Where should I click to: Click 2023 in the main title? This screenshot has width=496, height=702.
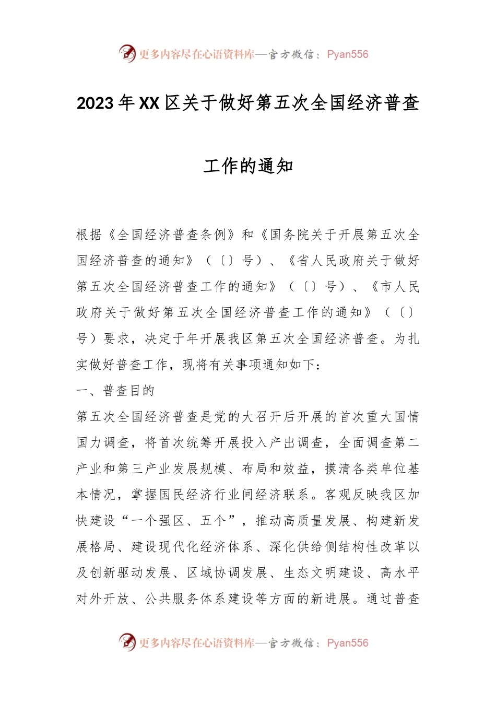click(95, 103)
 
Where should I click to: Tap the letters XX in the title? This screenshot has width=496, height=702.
click(149, 103)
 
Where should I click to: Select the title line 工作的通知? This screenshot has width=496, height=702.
click(248, 167)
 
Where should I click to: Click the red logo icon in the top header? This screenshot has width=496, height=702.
click(127, 53)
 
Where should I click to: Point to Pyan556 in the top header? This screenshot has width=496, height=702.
click(347, 54)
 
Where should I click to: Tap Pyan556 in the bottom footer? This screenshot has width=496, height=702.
click(347, 643)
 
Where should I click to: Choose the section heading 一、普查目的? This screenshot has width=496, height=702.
click(115, 391)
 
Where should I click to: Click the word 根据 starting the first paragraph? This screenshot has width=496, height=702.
click(89, 235)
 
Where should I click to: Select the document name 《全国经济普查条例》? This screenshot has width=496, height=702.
click(172, 235)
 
